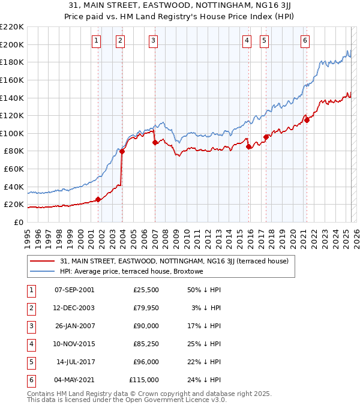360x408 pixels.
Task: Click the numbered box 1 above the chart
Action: (x=96, y=40)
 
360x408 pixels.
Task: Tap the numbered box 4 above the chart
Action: (x=247, y=40)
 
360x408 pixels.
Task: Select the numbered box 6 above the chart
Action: (x=305, y=40)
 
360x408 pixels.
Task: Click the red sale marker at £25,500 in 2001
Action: (x=98, y=200)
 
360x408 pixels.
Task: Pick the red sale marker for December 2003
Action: (x=122, y=151)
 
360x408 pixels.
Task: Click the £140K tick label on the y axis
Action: (x=12, y=97)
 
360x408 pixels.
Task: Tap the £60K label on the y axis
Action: (x=14, y=169)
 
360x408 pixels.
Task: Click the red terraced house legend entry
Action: (x=174, y=261)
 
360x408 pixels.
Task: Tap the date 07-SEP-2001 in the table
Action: (x=74, y=290)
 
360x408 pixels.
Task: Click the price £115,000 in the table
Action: (x=144, y=380)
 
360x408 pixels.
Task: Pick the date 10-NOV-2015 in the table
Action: (x=74, y=344)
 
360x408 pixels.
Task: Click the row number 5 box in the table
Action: (x=31, y=362)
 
